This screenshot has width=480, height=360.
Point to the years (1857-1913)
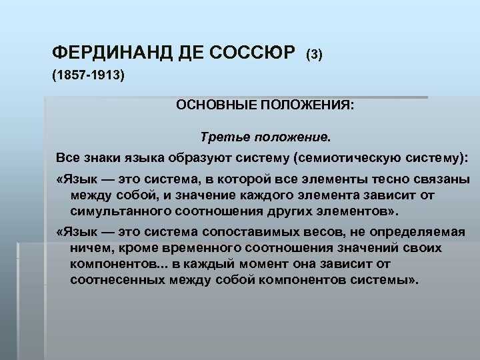click(88, 77)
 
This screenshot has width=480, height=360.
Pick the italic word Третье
click(227, 137)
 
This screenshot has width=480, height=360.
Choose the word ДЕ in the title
click(191, 53)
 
